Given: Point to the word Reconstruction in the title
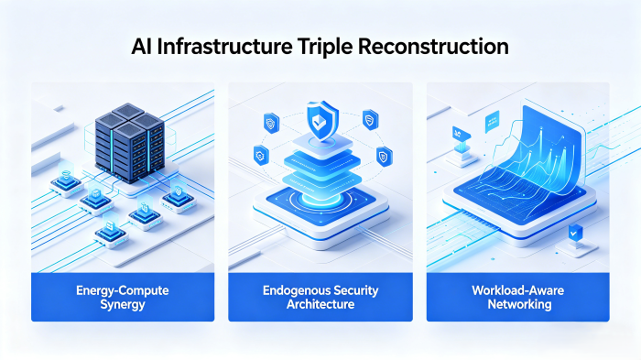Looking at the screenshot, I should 436,45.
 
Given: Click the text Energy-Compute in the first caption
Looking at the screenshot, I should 123,290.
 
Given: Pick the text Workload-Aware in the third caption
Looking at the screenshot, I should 518,290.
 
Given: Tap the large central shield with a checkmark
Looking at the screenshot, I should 320,117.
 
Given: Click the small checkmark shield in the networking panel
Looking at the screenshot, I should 575,234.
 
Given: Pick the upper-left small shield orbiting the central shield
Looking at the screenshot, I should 271,120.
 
